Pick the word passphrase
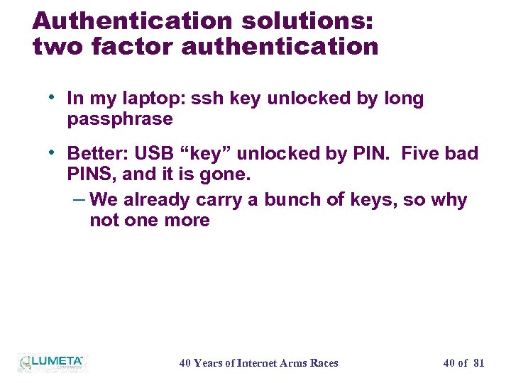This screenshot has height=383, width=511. click(120, 118)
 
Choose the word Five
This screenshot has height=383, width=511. click(423, 153)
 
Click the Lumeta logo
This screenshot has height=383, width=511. click(52, 363)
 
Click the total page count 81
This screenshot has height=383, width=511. click(478, 363)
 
